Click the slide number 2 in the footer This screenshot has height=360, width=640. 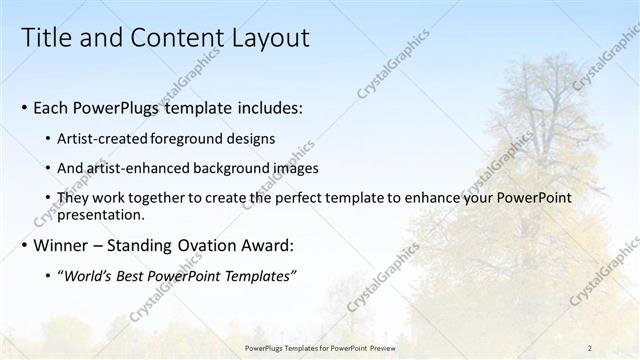click(x=589, y=348)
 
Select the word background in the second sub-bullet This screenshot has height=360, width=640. click(x=220, y=168)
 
